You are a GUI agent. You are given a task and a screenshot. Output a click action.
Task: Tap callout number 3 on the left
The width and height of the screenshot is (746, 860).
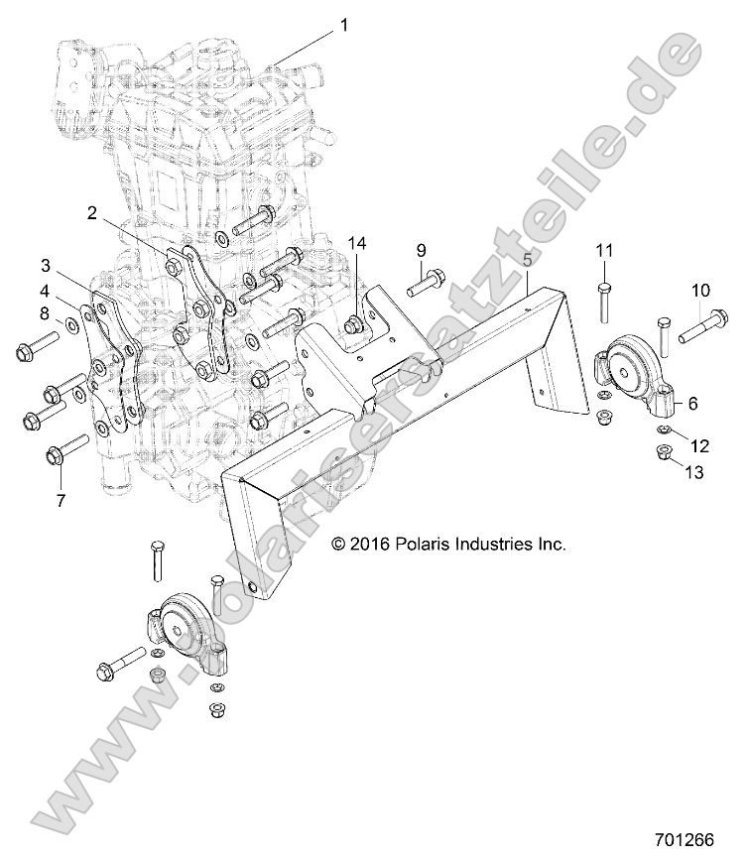tap(46, 265)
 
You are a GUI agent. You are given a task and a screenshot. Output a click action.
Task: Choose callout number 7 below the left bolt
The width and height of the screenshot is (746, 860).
tap(60, 501)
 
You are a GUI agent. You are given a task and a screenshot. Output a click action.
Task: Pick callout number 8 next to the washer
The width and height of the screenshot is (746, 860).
tap(44, 313)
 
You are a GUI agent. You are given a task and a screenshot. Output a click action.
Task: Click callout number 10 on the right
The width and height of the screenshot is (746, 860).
tap(700, 290)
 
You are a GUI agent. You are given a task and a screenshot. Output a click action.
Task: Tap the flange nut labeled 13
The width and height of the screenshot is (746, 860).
tap(663, 453)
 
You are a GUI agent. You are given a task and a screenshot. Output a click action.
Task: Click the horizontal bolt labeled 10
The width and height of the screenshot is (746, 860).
tap(704, 326)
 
